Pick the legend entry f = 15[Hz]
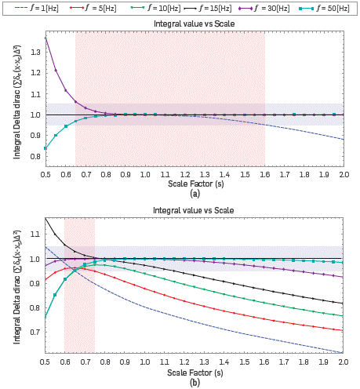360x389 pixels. point(206,7)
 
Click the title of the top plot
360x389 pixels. point(195,24)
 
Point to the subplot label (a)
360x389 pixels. point(195,193)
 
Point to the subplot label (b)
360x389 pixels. point(195,381)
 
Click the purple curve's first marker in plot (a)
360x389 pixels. point(45,38)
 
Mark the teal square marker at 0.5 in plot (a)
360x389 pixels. point(45,148)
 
